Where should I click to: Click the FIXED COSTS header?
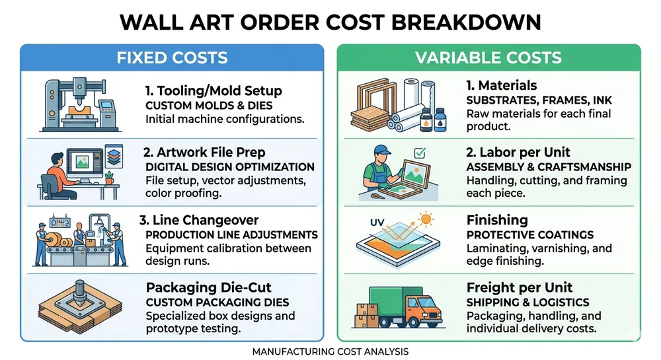click(172, 57)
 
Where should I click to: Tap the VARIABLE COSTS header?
click(488, 57)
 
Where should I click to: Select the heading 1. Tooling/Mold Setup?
click(213, 91)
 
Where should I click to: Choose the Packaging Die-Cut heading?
click(210, 288)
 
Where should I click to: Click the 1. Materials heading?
click(502, 85)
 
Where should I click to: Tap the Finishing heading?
click(497, 220)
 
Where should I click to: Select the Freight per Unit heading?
click(519, 287)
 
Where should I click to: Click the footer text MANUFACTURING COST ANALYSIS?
click(330, 351)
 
